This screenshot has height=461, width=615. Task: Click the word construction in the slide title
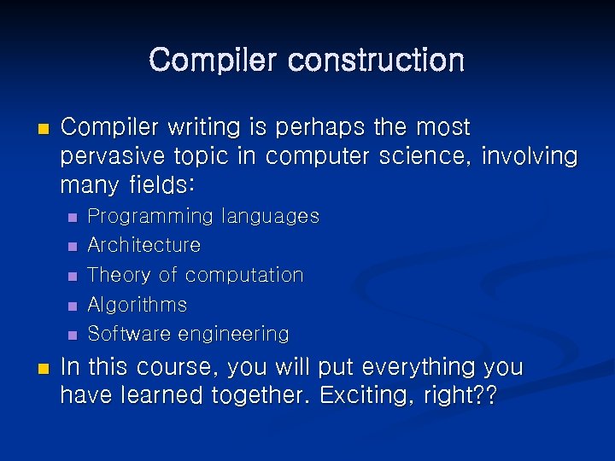[x=377, y=61]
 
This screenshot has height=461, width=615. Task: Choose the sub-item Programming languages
[x=203, y=217]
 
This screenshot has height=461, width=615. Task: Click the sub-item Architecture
[x=144, y=246]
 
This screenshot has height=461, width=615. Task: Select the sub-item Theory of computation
[x=196, y=275]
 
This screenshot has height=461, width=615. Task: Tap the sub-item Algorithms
[x=138, y=305]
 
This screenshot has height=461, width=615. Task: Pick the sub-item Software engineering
[x=189, y=334]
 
